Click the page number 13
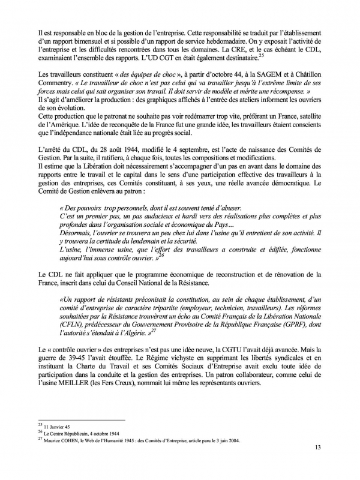[x=317, y=464]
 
